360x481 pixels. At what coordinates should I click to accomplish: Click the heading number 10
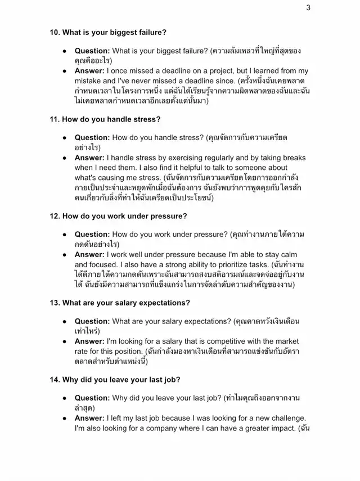coord(55,32)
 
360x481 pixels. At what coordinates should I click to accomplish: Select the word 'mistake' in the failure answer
coord(89,81)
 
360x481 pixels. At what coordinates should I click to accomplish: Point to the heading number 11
coord(55,119)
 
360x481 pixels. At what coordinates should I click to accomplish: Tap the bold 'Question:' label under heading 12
coord(92,234)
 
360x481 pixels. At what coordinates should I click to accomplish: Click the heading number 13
coord(55,303)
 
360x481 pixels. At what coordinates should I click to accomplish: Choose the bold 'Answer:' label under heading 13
coord(89,341)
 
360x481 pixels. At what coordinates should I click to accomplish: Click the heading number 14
coord(55,380)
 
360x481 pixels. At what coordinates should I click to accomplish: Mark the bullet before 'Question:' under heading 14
coord(65,398)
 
